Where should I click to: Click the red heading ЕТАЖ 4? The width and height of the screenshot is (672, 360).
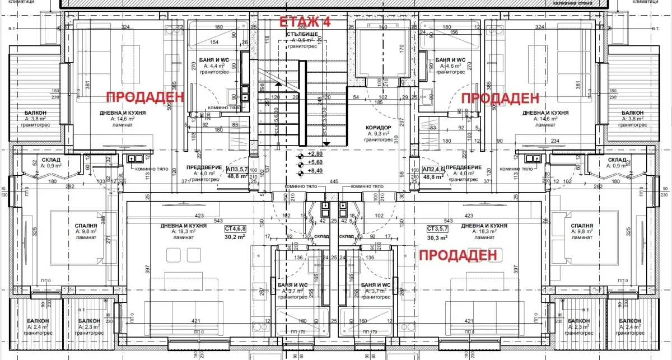click(305, 23)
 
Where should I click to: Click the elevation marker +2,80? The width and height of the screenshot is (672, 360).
click(316, 153)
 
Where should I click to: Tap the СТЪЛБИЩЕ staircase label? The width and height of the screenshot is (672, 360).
click(303, 34)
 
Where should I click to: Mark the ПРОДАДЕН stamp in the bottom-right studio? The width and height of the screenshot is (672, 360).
click(458, 255)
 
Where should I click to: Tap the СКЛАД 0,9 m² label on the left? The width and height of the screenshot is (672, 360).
click(43, 160)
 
